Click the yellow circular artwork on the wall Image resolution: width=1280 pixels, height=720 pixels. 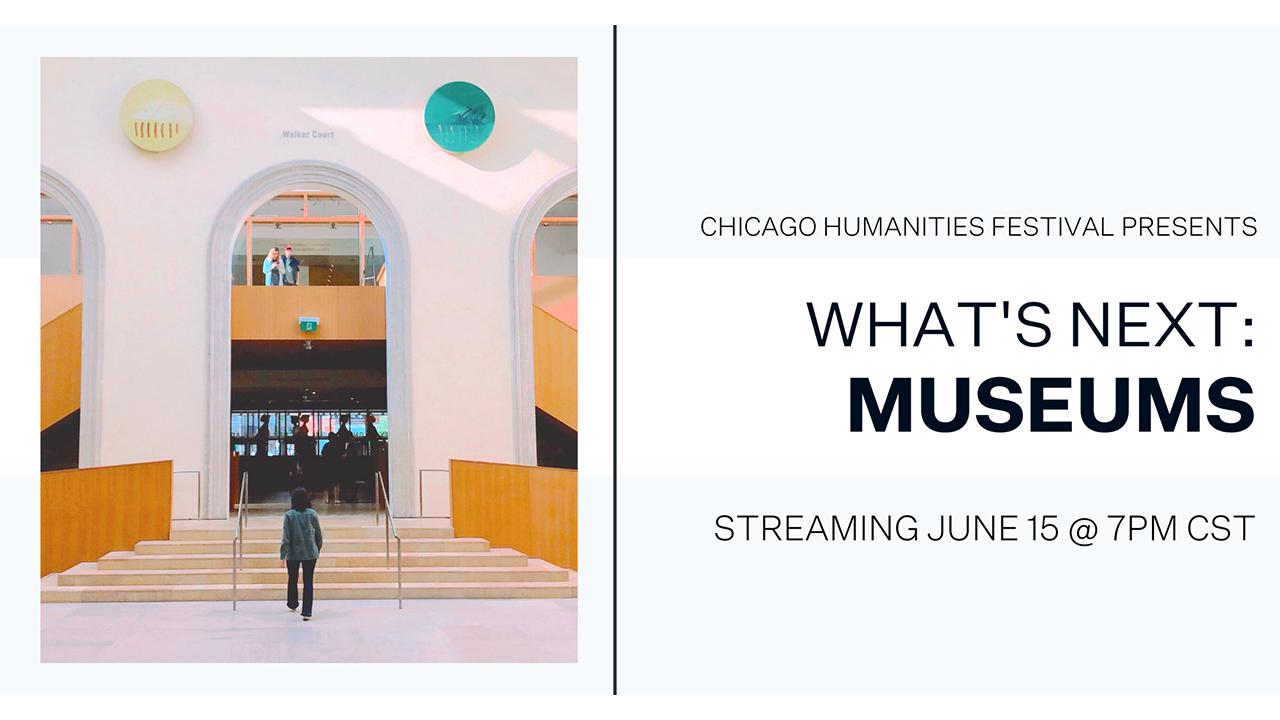[x=156, y=115]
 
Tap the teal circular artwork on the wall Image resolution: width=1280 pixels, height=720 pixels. [x=459, y=117]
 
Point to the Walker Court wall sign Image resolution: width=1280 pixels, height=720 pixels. [x=308, y=134]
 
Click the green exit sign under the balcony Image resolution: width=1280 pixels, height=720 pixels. [x=309, y=326]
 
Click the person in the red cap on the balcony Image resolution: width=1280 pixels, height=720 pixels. [x=291, y=266]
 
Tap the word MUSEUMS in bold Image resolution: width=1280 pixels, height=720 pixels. [x=1052, y=405]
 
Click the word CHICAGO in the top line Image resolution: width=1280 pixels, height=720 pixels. [x=758, y=227]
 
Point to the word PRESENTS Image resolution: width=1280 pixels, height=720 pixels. [x=1189, y=227]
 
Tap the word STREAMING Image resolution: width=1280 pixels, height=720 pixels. [x=816, y=528]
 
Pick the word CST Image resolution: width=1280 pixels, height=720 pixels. [x=1221, y=528]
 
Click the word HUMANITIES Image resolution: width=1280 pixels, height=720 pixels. [x=904, y=227]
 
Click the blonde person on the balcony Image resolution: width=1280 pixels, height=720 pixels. [x=272, y=267]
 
